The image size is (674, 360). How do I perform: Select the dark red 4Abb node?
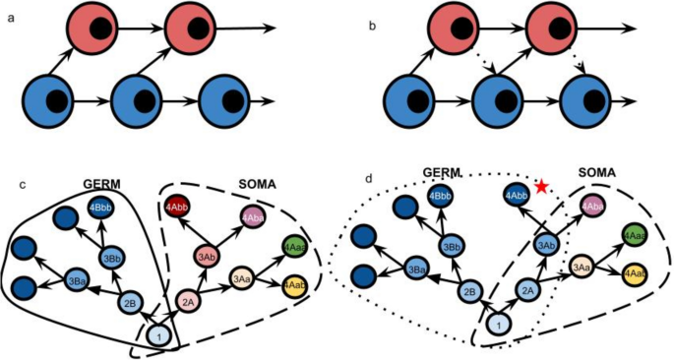178,208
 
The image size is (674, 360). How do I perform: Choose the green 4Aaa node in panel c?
293,246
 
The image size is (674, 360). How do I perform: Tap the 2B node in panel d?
469,291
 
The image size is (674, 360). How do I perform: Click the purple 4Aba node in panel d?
592,206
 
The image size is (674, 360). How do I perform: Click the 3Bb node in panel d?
449,246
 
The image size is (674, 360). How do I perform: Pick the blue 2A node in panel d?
528,288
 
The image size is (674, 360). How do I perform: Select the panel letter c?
23,185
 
